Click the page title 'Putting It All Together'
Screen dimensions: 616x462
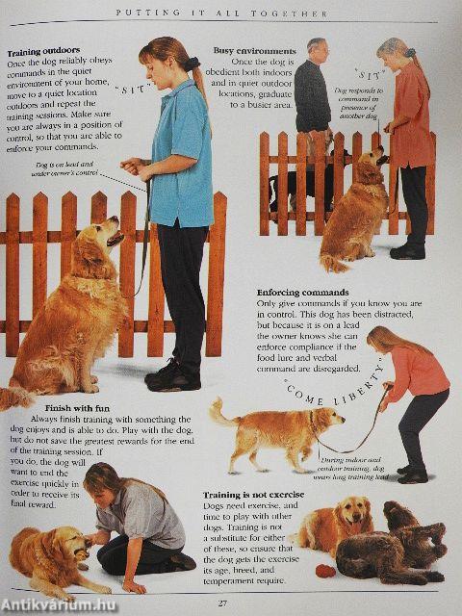coord(230,14)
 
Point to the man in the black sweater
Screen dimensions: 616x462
coord(313,96)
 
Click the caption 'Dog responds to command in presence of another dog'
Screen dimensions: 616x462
coord(357,100)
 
